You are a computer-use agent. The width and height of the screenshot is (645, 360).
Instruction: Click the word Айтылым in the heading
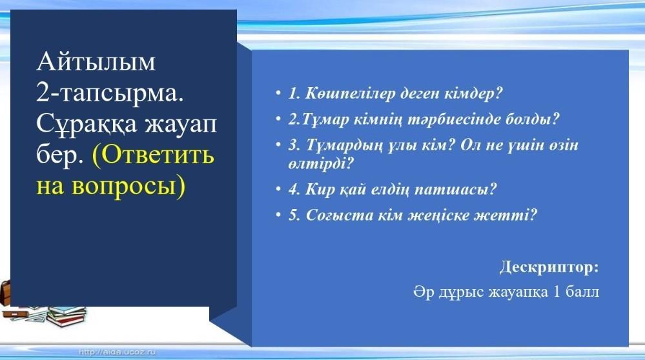coord(96,62)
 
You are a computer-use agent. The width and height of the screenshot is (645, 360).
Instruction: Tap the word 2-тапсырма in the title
coord(110,94)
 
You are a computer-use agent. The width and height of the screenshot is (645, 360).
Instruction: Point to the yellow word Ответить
coord(153,155)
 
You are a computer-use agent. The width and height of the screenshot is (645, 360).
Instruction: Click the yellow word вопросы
coord(128,186)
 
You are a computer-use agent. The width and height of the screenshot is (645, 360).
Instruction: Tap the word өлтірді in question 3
coord(321,163)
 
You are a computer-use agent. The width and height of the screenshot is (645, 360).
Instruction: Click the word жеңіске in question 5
coord(436,215)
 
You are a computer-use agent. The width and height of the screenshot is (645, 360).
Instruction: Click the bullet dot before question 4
coord(278,190)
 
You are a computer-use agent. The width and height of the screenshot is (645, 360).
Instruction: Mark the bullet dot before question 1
coord(278,94)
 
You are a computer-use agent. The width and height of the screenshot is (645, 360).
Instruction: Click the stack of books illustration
coord(67,315)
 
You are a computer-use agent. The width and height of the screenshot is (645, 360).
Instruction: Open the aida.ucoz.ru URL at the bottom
coord(117,352)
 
